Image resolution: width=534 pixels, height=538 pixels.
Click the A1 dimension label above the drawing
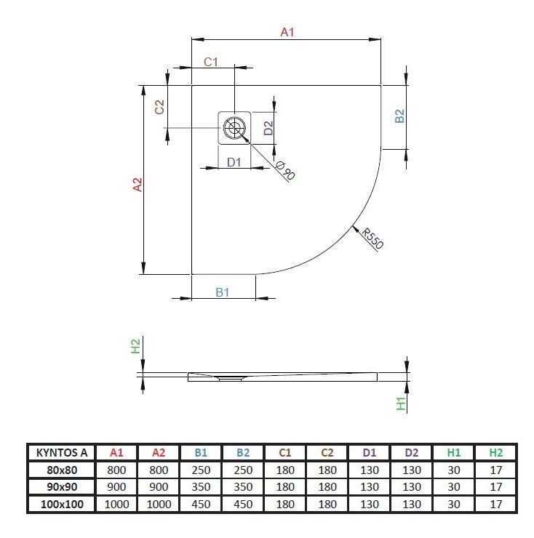point(287,31)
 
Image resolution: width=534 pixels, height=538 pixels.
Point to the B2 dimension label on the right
point(399,116)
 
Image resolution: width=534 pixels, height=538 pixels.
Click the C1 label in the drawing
point(211,63)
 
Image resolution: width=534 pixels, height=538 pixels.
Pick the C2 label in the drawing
point(160,107)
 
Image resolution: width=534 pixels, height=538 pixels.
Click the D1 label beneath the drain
point(234,161)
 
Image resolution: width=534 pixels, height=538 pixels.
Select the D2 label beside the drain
point(268,129)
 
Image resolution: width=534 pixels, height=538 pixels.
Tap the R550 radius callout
point(372,238)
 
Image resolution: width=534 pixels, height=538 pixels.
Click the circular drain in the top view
point(235,128)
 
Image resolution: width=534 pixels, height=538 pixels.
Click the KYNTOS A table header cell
point(62,452)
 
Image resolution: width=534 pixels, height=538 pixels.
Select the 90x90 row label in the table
point(62,486)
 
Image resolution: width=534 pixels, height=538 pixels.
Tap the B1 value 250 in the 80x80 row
point(202,469)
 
